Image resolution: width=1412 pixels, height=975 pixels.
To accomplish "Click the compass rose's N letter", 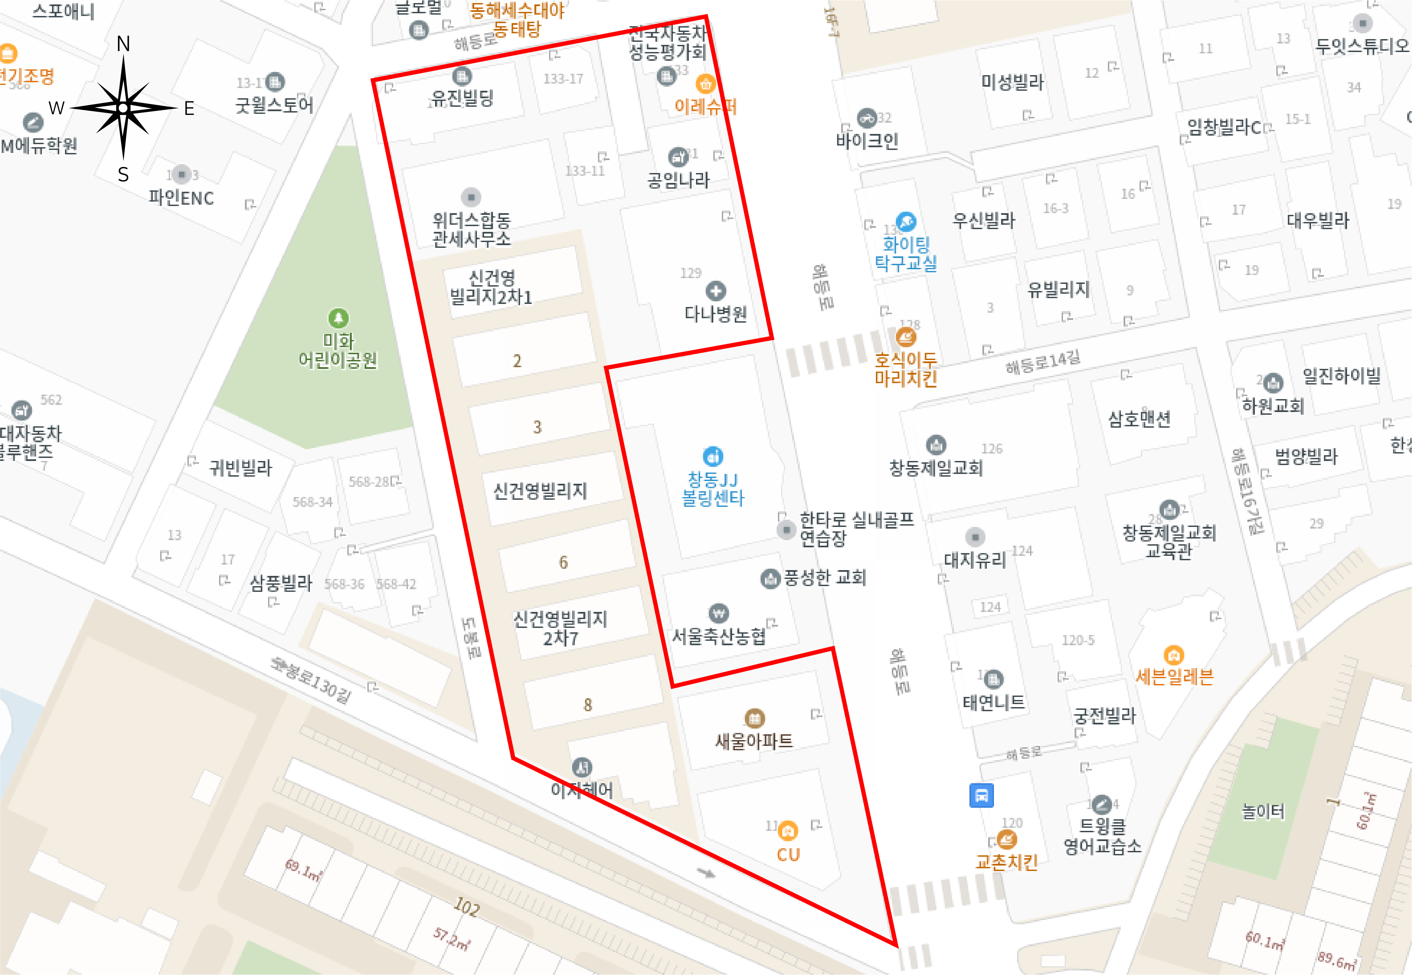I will (x=123, y=44).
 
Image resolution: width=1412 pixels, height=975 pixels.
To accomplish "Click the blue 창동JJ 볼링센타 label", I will (x=713, y=489).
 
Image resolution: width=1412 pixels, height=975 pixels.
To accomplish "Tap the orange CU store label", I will (x=788, y=854).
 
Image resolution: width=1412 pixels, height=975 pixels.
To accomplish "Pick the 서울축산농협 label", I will (x=719, y=636).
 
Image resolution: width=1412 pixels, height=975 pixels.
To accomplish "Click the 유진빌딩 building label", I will (x=462, y=98).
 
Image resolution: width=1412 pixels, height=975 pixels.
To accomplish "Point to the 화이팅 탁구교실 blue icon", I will (x=906, y=221).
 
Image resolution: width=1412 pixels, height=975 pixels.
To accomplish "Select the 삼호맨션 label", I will (x=1140, y=419).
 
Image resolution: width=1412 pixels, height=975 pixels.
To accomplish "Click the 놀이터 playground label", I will (x=1263, y=811).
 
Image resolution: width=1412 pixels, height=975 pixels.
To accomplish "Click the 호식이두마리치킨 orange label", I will (x=906, y=369).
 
